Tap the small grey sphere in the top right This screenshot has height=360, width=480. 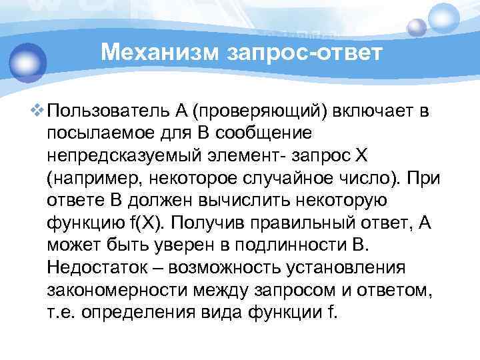417,27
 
